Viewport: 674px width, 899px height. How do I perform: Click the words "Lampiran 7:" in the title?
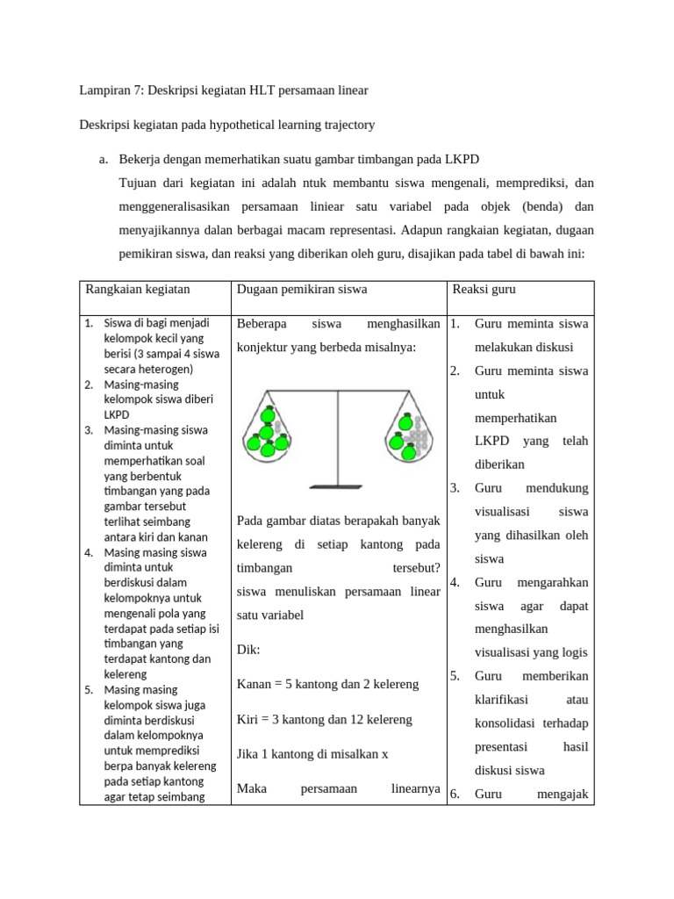point(110,90)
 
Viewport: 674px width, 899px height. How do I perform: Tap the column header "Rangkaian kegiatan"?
point(137,289)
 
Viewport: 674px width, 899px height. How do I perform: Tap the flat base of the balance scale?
point(337,484)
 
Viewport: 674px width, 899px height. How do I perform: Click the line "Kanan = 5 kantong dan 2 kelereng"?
point(327,684)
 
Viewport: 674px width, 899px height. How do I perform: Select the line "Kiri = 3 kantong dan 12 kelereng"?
point(324,719)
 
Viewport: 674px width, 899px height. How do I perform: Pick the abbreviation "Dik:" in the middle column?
point(249,650)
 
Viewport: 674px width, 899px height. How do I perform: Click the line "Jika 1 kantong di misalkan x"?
point(312,754)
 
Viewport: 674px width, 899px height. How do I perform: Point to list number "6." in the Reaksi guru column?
point(455,795)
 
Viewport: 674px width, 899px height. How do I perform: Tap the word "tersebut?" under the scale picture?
point(416,568)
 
